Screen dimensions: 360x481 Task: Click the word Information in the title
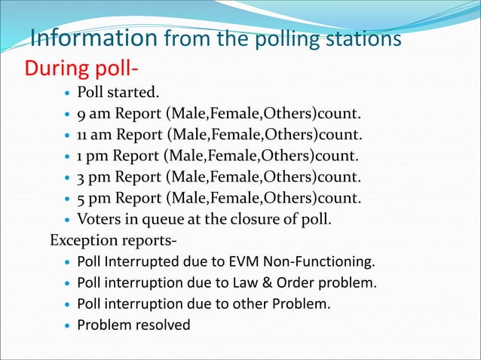point(93,37)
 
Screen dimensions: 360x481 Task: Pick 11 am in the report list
point(93,136)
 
